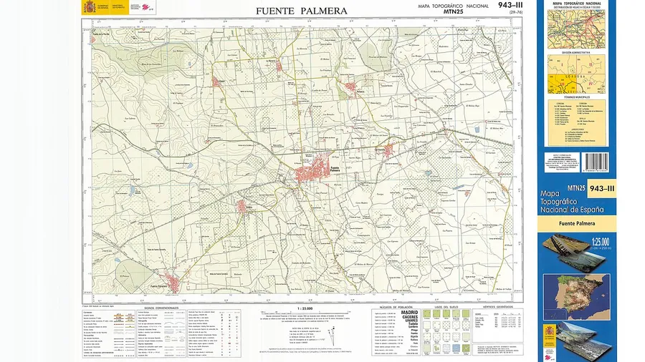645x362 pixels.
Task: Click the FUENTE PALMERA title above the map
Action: click(x=301, y=11)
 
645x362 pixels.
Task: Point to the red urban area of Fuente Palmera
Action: click(x=312, y=174)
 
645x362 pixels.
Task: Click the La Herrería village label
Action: click(x=271, y=62)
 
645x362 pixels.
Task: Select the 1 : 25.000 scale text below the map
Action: click(x=305, y=308)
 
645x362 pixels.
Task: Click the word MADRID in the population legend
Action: click(x=409, y=313)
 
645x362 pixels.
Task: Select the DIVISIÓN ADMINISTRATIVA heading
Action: click(x=576, y=53)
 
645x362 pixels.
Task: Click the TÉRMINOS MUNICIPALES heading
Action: click(x=576, y=97)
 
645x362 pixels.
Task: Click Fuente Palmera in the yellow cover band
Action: click(x=576, y=225)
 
